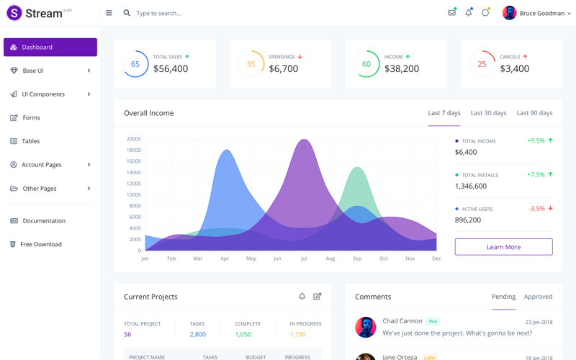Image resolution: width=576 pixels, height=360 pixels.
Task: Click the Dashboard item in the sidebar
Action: coord(50,47)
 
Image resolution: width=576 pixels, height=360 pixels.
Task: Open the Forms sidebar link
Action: coord(31,117)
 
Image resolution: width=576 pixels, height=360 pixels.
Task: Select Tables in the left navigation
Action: coord(30,141)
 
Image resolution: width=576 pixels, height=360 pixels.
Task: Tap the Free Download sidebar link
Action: coord(40,244)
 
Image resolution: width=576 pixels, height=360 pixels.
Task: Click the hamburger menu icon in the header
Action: coord(109,13)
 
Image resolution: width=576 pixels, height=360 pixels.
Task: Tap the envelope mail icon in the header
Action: coord(451,13)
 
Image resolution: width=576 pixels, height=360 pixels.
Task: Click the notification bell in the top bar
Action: coord(468,13)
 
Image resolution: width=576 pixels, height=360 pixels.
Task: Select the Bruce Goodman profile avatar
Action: coord(509,13)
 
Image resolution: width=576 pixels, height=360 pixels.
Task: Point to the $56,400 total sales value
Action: coord(171,69)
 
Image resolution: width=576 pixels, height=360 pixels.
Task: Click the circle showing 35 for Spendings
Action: coord(251,64)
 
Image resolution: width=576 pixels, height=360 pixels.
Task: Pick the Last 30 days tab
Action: coord(488,113)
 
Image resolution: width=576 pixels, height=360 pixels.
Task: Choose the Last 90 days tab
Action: coord(534,113)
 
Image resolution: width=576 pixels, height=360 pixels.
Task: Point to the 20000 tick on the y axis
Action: coord(134,139)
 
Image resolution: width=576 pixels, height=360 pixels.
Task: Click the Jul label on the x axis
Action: coord(304,258)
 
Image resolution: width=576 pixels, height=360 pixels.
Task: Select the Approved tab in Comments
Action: coord(538,297)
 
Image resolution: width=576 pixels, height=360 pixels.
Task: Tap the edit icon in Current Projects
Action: coord(318,296)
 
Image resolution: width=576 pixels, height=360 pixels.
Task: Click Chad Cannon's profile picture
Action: coord(365,327)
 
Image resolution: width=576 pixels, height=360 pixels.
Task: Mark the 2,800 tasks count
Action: coord(197,334)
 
